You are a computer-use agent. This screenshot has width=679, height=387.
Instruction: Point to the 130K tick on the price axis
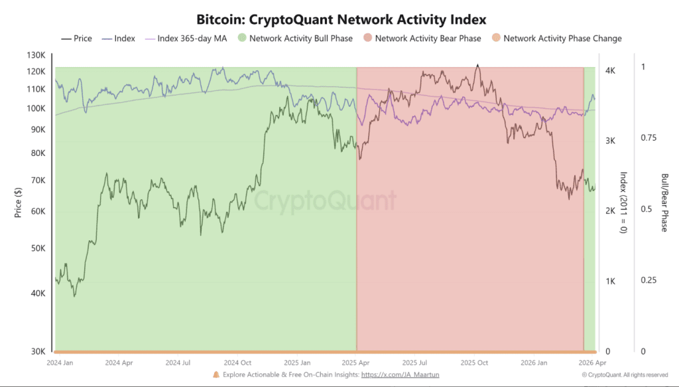[36, 54]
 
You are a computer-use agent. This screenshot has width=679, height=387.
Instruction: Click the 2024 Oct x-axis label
[237, 363]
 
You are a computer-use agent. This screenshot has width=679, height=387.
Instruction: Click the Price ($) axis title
[19, 202]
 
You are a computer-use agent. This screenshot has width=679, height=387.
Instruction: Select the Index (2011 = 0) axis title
[623, 202]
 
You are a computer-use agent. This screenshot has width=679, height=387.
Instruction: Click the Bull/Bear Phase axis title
[664, 202]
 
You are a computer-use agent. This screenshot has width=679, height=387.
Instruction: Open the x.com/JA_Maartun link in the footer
[401, 375]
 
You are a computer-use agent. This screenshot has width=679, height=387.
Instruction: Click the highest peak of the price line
[477, 65]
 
